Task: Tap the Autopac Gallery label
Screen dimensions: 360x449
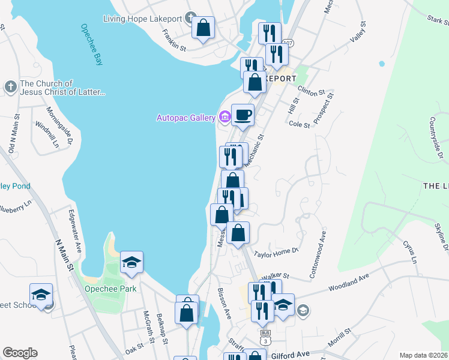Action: coord(185,118)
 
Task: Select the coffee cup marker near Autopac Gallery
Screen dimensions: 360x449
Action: coord(243,114)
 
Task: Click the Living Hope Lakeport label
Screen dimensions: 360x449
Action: coord(142,19)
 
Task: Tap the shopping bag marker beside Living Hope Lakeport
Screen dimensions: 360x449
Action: coord(203,28)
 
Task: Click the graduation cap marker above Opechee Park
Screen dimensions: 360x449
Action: coord(131,262)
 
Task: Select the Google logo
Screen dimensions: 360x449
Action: coord(20,353)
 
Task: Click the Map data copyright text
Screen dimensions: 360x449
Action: coord(423,355)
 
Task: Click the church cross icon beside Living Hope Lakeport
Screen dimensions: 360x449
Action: coord(191,18)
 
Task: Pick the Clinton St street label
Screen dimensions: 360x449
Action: coord(312,94)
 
